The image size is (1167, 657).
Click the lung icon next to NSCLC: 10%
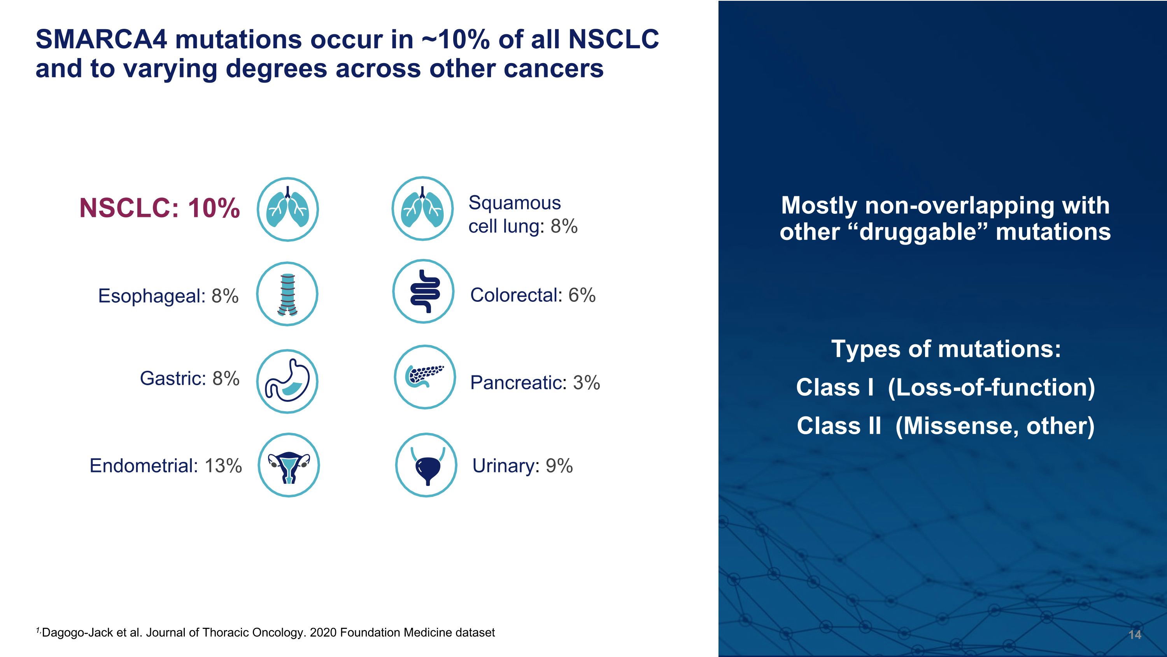288,209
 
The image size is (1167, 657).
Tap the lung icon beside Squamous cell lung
422,209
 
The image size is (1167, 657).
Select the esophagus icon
287,294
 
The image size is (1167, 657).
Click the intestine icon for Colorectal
423,291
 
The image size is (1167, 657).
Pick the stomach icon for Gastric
287,381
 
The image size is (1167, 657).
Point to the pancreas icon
424,377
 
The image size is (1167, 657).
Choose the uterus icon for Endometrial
289,465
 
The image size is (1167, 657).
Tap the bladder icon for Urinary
426,465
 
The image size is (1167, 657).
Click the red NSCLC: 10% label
159,208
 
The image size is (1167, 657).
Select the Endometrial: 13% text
166,466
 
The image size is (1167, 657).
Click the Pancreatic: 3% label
535,383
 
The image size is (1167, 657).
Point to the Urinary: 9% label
522,466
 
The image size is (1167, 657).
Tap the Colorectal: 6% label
533,295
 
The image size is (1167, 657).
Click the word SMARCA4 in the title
102,39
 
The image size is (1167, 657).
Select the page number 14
1134,634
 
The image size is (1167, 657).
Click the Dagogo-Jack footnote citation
267,632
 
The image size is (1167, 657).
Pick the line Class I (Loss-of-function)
946,388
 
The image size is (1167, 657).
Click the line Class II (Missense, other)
946,426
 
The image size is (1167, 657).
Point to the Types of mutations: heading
946,349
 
